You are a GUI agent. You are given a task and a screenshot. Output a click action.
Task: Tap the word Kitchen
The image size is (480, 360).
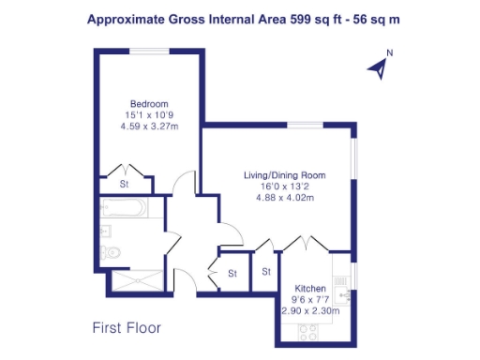point(309,288)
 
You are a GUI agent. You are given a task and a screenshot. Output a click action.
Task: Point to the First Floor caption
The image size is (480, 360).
point(127,328)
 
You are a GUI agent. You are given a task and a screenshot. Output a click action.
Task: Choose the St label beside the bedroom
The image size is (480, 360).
point(125,185)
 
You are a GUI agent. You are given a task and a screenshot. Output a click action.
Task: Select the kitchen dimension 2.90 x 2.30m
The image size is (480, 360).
point(309,309)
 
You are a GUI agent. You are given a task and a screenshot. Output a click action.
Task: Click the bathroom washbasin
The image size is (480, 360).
point(105,230)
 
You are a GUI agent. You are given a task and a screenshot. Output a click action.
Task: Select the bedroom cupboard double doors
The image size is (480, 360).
point(125,171)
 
